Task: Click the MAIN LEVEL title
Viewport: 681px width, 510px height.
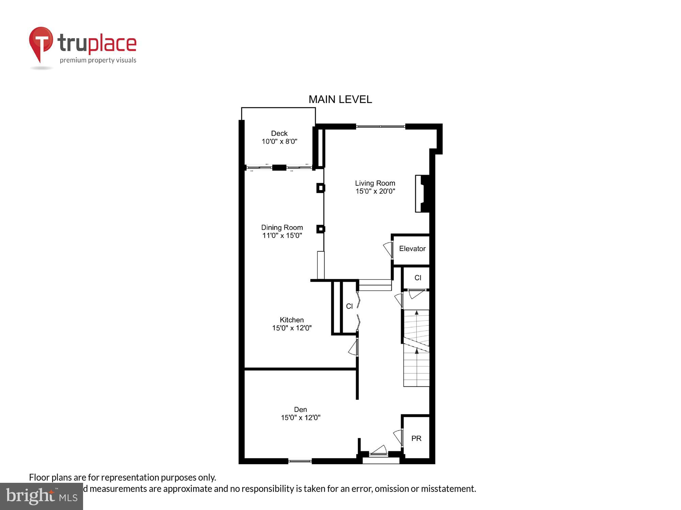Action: coord(340,99)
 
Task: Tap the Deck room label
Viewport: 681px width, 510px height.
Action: coord(279,133)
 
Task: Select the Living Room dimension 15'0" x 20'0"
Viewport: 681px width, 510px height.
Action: coord(375,191)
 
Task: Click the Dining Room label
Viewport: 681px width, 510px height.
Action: coord(282,227)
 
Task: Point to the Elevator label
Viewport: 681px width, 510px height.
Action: coord(412,249)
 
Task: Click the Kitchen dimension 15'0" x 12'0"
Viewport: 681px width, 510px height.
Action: coord(292,328)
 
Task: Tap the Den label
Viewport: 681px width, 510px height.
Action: coord(300,410)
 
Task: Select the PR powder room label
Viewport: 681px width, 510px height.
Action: coord(416,439)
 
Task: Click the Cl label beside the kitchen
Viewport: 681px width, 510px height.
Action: coord(349,306)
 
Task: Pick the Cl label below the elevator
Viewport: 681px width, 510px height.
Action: coord(418,278)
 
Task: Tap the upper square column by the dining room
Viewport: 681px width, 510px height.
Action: coord(320,188)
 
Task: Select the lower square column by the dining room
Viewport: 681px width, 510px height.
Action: coord(320,229)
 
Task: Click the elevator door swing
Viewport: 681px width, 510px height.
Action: coord(388,250)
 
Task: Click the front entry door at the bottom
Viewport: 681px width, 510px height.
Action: coord(379,452)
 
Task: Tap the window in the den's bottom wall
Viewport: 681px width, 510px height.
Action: coord(300,461)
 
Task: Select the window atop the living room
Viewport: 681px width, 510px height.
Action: coord(380,126)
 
